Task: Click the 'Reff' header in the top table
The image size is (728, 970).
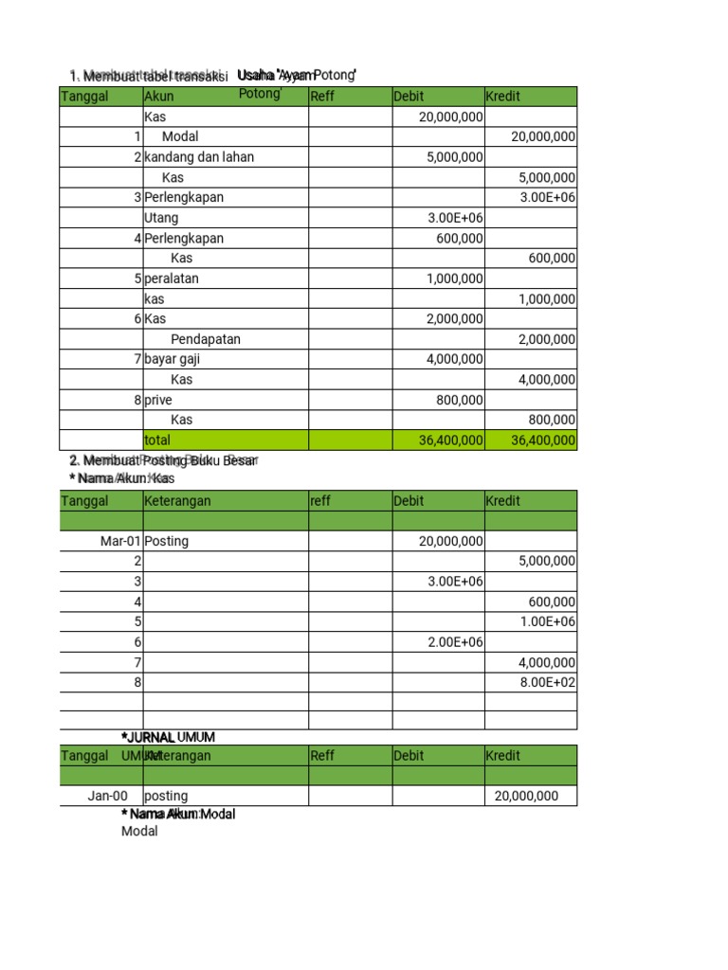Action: pyautogui.click(x=322, y=97)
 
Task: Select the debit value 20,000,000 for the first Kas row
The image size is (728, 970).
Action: pyautogui.click(x=450, y=117)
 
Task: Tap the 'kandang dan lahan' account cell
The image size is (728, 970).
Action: pyautogui.click(x=199, y=157)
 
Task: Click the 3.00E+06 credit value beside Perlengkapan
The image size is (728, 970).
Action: pyautogui.click(x=548, y=198)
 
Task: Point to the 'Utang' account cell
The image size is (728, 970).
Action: pyautogui.click(x=161, y=218)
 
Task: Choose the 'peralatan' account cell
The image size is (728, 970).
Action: pyautogui.click(x=172, y=278)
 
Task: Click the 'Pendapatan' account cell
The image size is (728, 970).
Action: pyautogui.click(x=206, y=339)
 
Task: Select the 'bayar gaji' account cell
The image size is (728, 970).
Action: pyautogui.click(x=173, y=359)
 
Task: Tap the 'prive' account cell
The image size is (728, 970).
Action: pyautogui.click(x=158, y=400)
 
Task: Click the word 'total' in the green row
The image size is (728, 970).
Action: pyautogui.click(x=157, y=440)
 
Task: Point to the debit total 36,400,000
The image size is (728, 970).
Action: pyautogui.click(x=450, y=440)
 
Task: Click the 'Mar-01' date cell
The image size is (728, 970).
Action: pyautogui.click(x=120, y=542)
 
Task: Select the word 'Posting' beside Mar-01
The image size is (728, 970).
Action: pyautogui.click(x=167, y=542)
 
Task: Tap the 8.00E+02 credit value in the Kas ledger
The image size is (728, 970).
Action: pyautogui.click(x=548, y=682)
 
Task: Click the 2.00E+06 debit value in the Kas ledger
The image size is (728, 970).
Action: pyautogui.click(x=455, y=642)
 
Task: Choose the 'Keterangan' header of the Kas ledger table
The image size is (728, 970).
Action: pyautogui.click(x=177, y=501)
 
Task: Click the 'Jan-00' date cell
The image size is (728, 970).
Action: pyautogui.click(x=107, y=797)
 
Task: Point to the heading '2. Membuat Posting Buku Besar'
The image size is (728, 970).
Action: pyautogui.click(x=162, y=461)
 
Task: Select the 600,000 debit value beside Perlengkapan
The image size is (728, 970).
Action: pyautogui.click(x=460, y=239)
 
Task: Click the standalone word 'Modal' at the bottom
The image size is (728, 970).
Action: pyautogui.click(x=139, y=832)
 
